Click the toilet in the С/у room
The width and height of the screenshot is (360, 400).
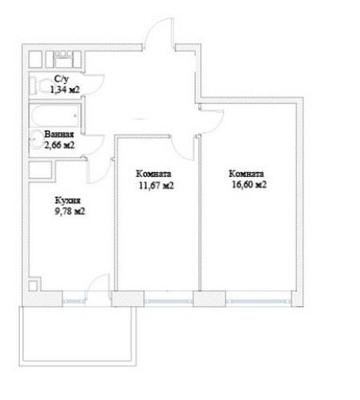38,85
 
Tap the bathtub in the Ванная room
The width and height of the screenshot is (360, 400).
54,116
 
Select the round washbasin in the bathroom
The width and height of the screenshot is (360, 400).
36,138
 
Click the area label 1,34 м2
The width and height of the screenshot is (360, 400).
65,90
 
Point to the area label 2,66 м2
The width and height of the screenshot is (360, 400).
59,146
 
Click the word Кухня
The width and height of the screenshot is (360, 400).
67,200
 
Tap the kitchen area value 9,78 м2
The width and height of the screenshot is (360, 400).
70,212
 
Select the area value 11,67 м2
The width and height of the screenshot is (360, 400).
156,186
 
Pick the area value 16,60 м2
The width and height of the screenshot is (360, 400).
249,185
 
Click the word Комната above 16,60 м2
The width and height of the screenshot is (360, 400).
246,174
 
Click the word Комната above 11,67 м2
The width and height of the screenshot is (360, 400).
154,174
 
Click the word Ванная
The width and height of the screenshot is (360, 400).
59,134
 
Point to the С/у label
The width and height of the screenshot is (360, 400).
62,79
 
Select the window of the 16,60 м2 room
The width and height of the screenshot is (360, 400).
258,302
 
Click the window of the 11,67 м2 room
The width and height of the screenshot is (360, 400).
168,302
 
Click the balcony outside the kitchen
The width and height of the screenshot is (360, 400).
78,336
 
